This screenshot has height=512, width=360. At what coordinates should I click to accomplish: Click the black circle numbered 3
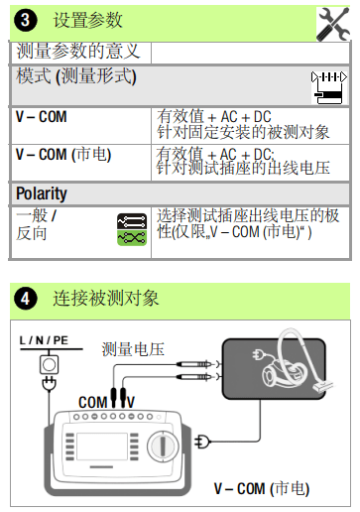coord(26,20)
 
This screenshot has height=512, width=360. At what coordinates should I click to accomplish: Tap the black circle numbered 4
coord(26,299)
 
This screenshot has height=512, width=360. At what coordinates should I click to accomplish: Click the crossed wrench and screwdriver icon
coord(333,24)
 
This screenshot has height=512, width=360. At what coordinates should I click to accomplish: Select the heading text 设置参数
coord(88,20)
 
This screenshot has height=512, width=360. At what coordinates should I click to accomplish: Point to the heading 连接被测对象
coord(106,299)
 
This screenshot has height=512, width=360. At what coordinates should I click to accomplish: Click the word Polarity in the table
coord(42,193)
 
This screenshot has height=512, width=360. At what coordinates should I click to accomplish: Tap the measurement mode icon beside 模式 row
coord(329,87)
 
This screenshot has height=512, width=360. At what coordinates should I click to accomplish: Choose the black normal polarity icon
coord(132,221)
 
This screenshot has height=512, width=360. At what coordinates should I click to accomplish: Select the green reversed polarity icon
coord(132,237)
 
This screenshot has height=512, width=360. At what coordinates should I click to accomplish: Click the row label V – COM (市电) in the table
coord(63,155)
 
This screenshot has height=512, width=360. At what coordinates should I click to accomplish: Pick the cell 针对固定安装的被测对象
coord(243,132)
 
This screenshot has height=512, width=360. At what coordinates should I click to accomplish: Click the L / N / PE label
coord(44,340)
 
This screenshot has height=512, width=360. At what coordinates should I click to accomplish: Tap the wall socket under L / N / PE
coord(50,365)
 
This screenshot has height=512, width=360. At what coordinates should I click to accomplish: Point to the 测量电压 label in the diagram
coord(133,349)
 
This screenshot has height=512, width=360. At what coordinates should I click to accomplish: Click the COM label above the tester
coord(93,403)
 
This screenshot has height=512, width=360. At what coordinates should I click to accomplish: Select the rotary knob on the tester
coord(163,446)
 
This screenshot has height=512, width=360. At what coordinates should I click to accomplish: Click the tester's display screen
coord(102,447)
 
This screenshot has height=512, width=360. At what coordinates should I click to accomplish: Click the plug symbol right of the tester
coord(202,442)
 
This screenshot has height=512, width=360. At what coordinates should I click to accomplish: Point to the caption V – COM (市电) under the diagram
coord(262,488)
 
